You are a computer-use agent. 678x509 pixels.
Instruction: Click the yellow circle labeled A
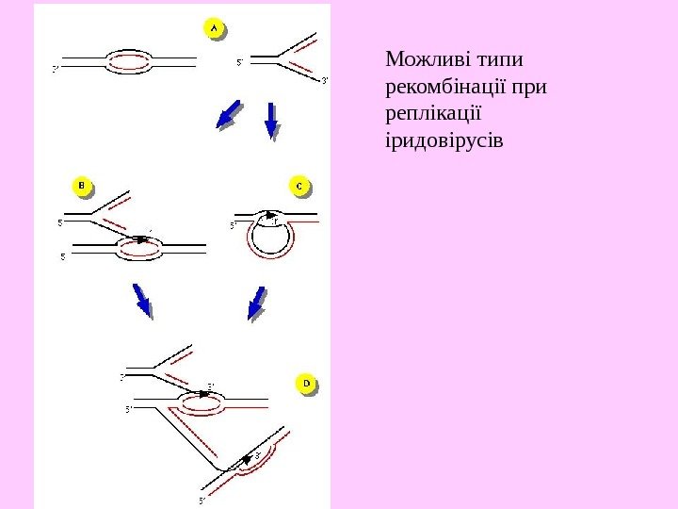tap(214, 29)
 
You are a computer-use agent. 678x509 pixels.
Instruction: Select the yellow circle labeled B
tap(82, 187)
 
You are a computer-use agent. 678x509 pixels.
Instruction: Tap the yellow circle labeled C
tap(299, 187)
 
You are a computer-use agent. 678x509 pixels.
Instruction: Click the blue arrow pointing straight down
tap(272, 120)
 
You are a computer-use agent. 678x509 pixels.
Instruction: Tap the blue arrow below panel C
tap(255, 303)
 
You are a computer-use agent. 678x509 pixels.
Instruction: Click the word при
tap(530, 89)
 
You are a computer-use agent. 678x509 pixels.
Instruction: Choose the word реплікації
tap(433, 115)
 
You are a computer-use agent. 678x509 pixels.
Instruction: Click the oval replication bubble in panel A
tap(129, 62)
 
